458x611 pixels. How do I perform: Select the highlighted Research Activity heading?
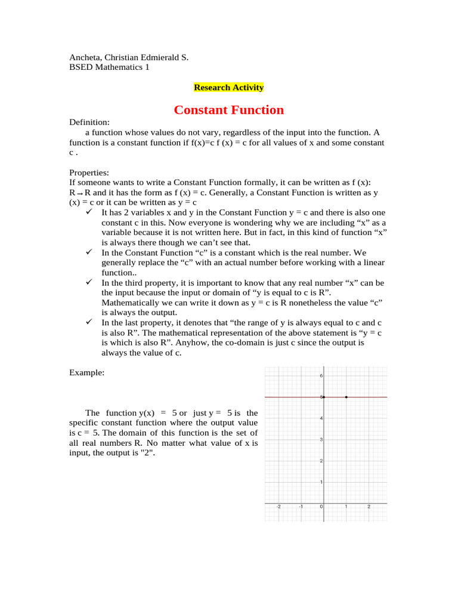(228, 88)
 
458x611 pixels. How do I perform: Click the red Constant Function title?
(228, 110)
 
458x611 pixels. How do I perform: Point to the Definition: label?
(89, 122)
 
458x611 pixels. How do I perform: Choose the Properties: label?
(89, 172)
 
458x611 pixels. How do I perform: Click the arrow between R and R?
(80, 194)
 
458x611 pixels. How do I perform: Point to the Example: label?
(87, 372)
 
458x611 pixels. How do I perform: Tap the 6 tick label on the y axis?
(321, 376)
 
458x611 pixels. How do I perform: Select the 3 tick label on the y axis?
(321, 440)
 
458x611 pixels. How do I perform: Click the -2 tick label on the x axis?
(278, 507)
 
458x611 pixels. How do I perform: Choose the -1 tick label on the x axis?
(301, 507)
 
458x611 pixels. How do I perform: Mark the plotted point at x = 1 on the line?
(346, 397)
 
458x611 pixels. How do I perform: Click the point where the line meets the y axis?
(324, 397)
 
